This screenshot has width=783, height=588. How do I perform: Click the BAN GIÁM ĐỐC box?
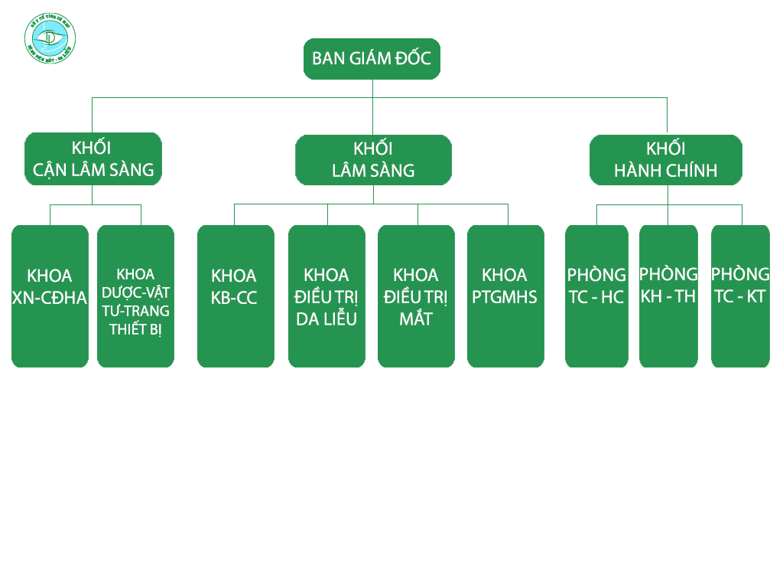pyautogui.click(x=372, y=59)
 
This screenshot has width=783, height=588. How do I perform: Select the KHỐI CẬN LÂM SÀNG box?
pyautogui.click(x=93, y=158)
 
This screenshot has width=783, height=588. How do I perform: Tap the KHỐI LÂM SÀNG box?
pyautogui.click(x=373, y=160)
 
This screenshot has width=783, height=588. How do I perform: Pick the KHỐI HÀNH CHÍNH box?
pyautogui.click(x=666, y=160)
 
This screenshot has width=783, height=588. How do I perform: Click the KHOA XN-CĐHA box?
pyautogui.click(x=50, y=296)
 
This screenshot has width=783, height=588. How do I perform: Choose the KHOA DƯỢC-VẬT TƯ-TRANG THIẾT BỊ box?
pyautogui.click(x=135, y=296)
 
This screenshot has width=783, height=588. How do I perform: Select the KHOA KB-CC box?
pyautogui.click(x=236, y=296)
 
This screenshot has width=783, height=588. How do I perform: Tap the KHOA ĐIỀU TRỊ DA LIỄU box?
pyautogui.click(x=327, y=296)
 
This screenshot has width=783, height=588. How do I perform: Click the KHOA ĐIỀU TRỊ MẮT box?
pyautogui.click(x=416, y=296)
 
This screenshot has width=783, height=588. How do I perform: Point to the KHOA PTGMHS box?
pyautogui.click(x=505, y=296)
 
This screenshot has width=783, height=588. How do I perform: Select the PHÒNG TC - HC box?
pyautogui.click(x=596, y=296)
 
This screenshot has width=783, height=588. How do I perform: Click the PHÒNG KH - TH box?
pyautogui.click(x=668, y=296)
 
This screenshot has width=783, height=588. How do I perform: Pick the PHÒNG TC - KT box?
pyautogui.click(x=740, y=296)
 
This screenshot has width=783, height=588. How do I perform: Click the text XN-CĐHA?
pyautogui.click(x=50, y=298)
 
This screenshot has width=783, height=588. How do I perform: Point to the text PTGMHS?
pyautogui.click(x=505, y=297)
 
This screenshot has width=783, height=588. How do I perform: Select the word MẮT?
pyautogui.click(x=416, y=318)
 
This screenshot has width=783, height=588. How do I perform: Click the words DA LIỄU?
pyautogui.click(x=327, y=318)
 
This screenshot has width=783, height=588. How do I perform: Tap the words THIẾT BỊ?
pyautogui.click(x=135, y=329)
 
